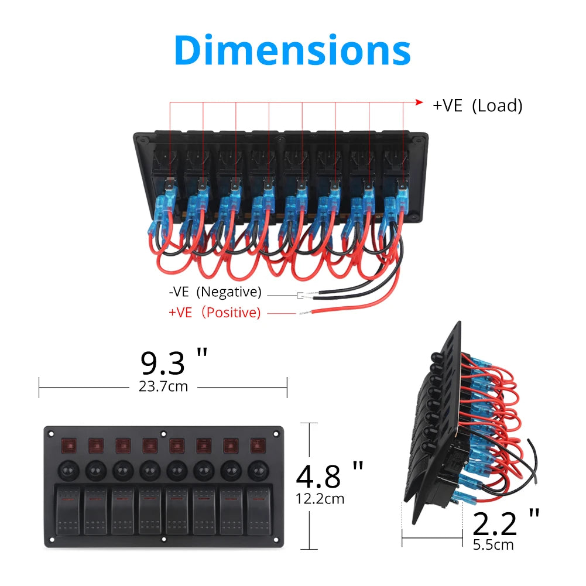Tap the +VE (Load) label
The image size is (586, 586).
477,105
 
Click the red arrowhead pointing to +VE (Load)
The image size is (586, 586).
419,102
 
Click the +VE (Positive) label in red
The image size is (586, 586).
214,313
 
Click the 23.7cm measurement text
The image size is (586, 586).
163,387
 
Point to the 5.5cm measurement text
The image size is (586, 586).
493,544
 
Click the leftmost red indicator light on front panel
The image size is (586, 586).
67,447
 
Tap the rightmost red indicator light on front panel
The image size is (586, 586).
258,447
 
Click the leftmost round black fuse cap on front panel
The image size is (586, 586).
67,470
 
